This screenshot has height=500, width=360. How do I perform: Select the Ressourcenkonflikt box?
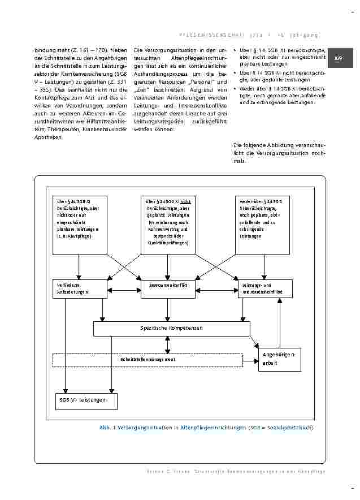[168, 288]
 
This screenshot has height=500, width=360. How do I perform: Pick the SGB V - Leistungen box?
[86, 400]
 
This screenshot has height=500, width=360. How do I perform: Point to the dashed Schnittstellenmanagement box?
[148, 359]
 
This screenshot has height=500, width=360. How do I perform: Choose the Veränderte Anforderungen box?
[79, 288]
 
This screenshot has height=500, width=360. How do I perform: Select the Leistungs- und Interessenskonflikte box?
[264, 288]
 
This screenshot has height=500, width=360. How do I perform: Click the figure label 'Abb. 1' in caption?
[107, 428]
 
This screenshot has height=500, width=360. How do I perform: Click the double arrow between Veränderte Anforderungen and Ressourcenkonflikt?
[123, 291]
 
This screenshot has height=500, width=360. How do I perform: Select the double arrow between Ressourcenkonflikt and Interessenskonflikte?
[215, 291]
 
